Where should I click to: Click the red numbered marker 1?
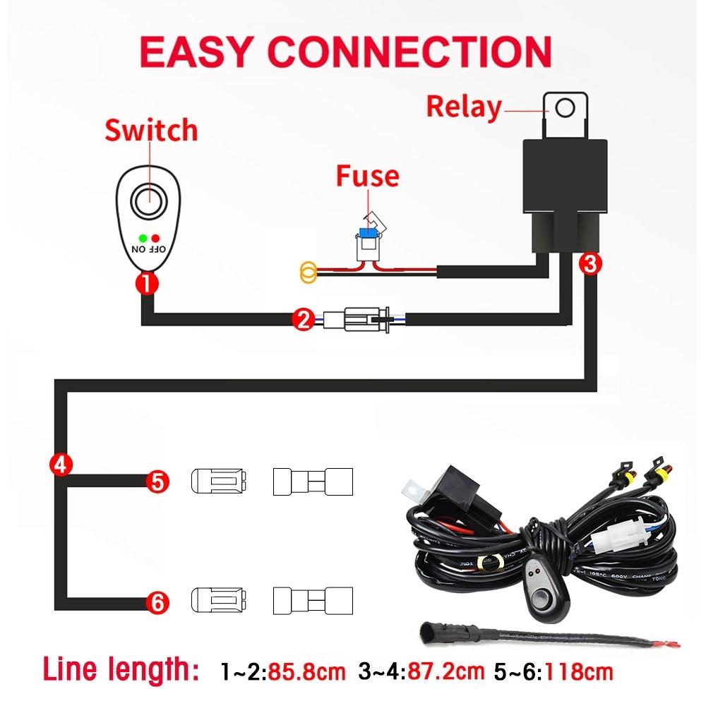(x=147, y=285)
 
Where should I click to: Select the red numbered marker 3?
(x=590, y=263)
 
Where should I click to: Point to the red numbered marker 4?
(x=61, y=464)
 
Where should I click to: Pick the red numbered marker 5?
(x=157, y=481)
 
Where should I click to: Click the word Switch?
(x=151, y=131)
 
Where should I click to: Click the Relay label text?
(x=464, y=107)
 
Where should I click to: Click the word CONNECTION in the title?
(x=410, y=51)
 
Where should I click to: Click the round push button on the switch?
(x=150, y=202)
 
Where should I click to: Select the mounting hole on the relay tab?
(x=566, y=107)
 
